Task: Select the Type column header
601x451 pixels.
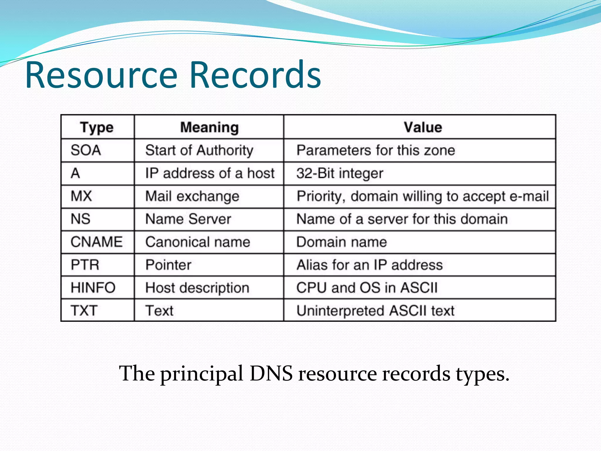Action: tap(97, 127)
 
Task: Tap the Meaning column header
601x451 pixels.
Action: tap(209, 127)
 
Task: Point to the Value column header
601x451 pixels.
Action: tap(423, 127)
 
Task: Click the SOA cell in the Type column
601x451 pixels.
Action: tap(86, 150)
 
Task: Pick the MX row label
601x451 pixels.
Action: tap(81, 196)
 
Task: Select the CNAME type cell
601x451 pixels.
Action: tap(97, 242)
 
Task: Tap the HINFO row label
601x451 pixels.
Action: tap(93, 288)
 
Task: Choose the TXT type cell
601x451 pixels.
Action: tap(84, 311)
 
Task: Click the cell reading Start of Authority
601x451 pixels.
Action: tap(199, 150)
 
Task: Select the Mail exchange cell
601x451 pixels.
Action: tap(192, 196)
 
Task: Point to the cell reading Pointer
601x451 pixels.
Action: tap(168, 265)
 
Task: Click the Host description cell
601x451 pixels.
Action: tap(197, 288)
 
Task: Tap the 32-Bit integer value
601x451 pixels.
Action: tap(340, 173)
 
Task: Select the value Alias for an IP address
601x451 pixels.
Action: tap(369, 265)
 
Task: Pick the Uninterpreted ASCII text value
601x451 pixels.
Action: tap(375, 311)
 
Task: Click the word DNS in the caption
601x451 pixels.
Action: tap(271, 373)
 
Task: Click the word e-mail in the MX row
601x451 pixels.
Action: tap(529, 196)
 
